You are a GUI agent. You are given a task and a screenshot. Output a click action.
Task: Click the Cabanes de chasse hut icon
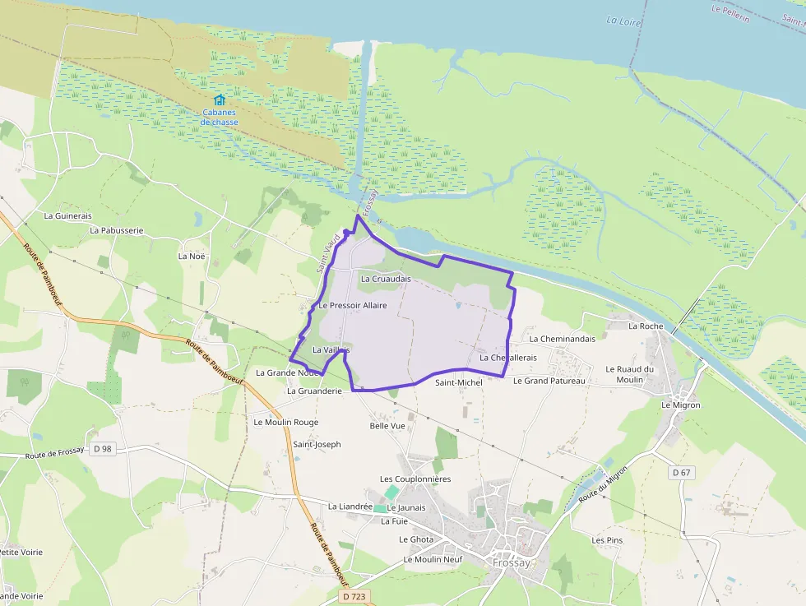pyautogui.click(x=219, y=99)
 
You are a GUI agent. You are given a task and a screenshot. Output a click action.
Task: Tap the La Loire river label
pyautogui.click(x=623, y=20)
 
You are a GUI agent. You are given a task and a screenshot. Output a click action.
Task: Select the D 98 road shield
pyautogui.click(x=102, y=448)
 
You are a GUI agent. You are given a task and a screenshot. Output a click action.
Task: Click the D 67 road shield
pyautogui.click(x=681, y=472)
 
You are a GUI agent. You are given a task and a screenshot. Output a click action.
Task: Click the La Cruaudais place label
pyautogui.click(x=386, y=280)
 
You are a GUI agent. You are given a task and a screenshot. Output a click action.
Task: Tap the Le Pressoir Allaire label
pyautogui.click(x=352, y=306)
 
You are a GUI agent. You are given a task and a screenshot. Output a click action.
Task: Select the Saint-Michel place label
pyautogui.click(x=459, y=382)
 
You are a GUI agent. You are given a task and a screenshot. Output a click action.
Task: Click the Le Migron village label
pyautogui.click(x=681, y=405)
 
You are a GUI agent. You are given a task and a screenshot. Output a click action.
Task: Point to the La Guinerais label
pyautogui.click(x=67, y=215)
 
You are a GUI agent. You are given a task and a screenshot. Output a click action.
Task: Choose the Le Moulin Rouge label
pyautogui.click(x=285, y=422)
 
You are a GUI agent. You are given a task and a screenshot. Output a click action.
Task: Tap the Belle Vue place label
pyautogui.click(x=387, y=426)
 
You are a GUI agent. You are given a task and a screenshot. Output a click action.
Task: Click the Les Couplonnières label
pyautogui.click(x=415, y=479)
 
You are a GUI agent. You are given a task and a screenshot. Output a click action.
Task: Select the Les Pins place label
pyautogui.click(x=608, y=540)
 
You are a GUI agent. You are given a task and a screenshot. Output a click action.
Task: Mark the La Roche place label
pyautogui.click(x=646, y=326)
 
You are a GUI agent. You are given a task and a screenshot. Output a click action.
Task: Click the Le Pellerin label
pyautogui.click(x=731, y=13)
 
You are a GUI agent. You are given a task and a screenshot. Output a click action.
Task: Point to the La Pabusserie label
pyautogui.click(x=116, y=230)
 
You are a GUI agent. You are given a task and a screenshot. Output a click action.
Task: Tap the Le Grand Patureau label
pyautogui.click(x=549, y=381)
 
